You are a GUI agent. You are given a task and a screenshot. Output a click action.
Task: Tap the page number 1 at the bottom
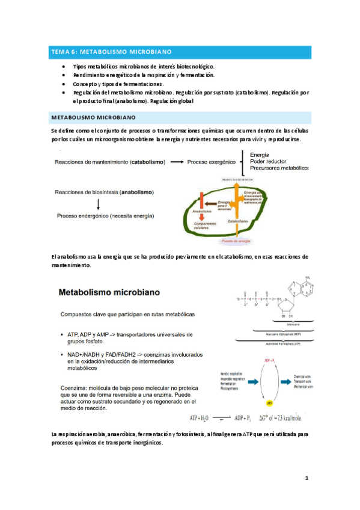click(306, 479)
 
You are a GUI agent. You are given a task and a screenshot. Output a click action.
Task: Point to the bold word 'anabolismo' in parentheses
click(136, 192)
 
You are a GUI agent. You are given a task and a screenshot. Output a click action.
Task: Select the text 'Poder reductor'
click(269, 161)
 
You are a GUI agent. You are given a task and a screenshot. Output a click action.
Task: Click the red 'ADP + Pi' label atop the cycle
click(269, 360)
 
